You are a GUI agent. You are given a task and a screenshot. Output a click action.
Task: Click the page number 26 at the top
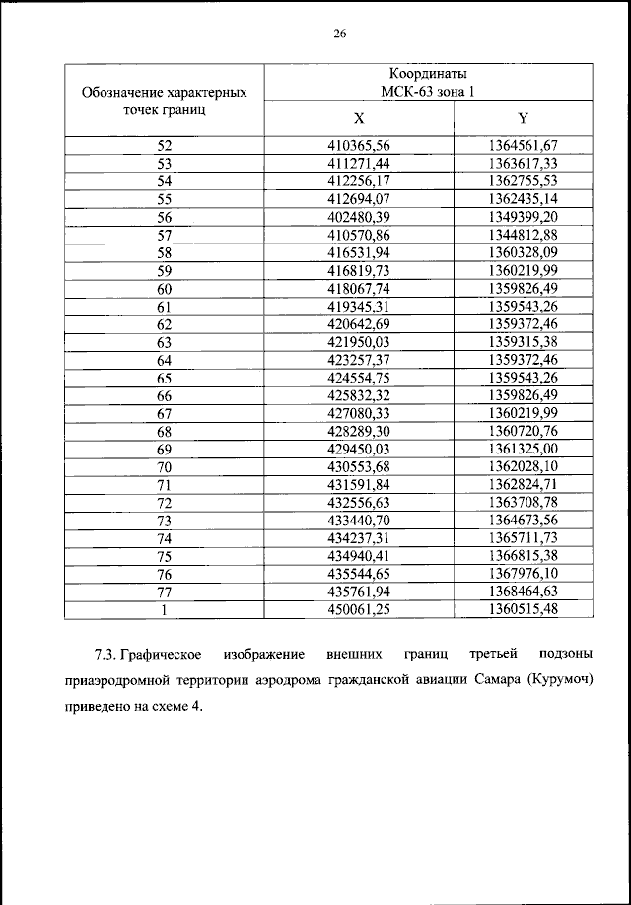pos(338,34)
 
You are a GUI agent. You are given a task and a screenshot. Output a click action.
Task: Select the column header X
pos(359,117)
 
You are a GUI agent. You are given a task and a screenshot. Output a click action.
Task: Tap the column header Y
pos(523,117)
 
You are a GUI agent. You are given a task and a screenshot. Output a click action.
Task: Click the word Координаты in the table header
pos(428,74)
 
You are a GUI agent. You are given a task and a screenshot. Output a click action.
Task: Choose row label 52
pos(165,146)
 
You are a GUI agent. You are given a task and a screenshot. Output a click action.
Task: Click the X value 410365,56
pos(359,146)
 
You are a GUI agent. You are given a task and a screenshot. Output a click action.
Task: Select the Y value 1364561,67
pos(523,146)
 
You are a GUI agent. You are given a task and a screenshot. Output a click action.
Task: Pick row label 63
pos(165,341)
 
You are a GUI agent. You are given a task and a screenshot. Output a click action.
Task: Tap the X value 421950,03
pos(359,341)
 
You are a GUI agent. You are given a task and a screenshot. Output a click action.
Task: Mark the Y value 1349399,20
pos(523,217)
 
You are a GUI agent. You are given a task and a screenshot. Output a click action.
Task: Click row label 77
pos(165,591)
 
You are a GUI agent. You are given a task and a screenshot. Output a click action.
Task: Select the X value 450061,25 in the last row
pos(359,608)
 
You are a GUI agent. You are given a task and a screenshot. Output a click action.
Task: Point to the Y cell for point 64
pos(523,359)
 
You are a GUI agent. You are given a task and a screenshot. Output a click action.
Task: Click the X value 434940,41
pos(359,555)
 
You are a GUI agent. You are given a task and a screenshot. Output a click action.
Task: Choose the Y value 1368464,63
pos(523,591)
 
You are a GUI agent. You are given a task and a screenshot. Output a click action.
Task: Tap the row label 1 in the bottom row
pos(165,608)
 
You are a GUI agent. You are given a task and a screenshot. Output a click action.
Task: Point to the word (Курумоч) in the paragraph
pos(565,681)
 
